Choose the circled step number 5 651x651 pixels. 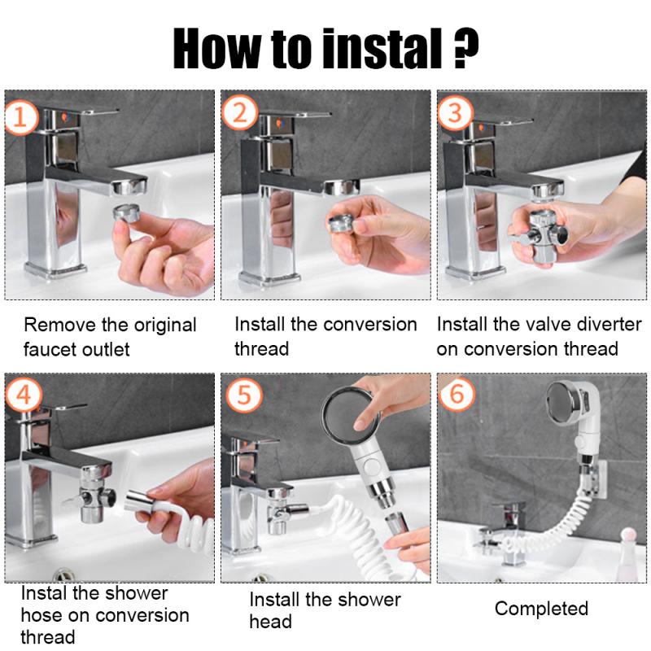click(x=240, y=395)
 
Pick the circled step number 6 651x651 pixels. click(x=457, y=395)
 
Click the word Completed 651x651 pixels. click(x=541, y=608)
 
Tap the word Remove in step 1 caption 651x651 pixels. click(x=59, y=325)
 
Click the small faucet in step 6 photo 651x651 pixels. click(x=498, y=530)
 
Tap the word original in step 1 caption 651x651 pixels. click(x=161, y=325)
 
